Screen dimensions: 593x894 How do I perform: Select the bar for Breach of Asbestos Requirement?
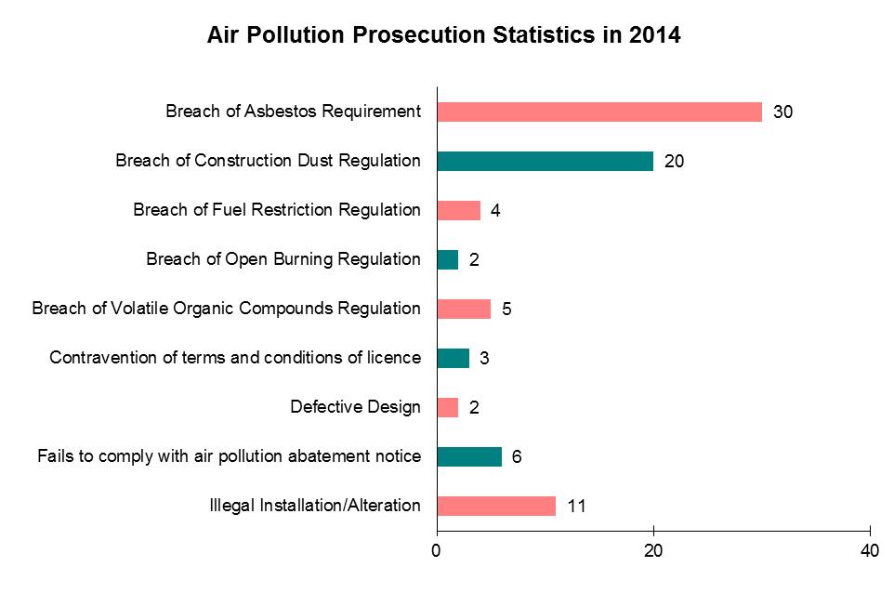click(x=599, y=112)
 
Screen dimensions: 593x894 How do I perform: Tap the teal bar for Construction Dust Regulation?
click(x=545, y=161)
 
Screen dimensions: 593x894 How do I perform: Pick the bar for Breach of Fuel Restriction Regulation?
click(x=458, y=210)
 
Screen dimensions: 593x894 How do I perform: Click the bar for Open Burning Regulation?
click(x=447, y=259)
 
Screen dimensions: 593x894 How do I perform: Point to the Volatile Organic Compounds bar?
click(x=464, y=309)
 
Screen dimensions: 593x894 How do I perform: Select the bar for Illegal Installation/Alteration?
click(x=496, y=506)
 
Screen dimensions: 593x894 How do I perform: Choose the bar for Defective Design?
click(x=447, y=407)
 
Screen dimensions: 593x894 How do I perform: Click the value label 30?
click(x=782, y=112)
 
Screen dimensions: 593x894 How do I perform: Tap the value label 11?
click(x=576, y=507)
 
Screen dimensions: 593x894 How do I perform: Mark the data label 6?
click(x=516, y=457)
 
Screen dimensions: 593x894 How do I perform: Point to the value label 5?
click(x=506, y=310)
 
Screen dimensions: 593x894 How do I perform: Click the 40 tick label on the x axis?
click(x=870, y=551)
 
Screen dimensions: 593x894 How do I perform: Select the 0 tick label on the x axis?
click(x=437, y=551)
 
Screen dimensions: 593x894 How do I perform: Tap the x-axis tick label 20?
click(x=653, y=551)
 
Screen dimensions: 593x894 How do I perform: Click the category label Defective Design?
click(x=355, y=407)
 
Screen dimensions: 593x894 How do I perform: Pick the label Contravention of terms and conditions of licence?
click(x=235, y=358)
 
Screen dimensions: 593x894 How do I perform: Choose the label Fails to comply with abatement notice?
click(x=229, y=456)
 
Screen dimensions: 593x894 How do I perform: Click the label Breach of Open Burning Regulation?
click(x=283, y=259)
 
